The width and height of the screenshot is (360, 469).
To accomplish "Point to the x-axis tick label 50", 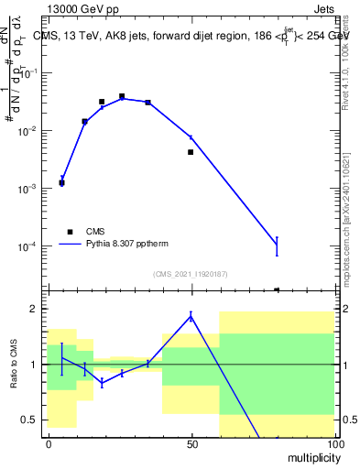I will (x=191, y=443).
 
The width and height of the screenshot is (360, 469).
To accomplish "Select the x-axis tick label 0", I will (x=49, y=443).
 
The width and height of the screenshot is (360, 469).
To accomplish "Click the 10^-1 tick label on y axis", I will (x=31, y=73).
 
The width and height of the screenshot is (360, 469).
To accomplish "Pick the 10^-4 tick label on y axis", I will (x=31, y=246).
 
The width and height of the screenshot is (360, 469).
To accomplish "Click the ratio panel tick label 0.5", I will (x=33, y=420).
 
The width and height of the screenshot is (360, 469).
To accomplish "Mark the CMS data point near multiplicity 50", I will (x=191, y=152).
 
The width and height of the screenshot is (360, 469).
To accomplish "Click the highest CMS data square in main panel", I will (x=122, y=96).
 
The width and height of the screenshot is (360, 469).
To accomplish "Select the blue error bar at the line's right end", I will (x=277, y=245).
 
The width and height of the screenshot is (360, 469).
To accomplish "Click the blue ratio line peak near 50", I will (x=191, y=316).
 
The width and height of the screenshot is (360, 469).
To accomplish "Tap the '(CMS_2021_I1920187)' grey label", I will (x=191, y=273).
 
